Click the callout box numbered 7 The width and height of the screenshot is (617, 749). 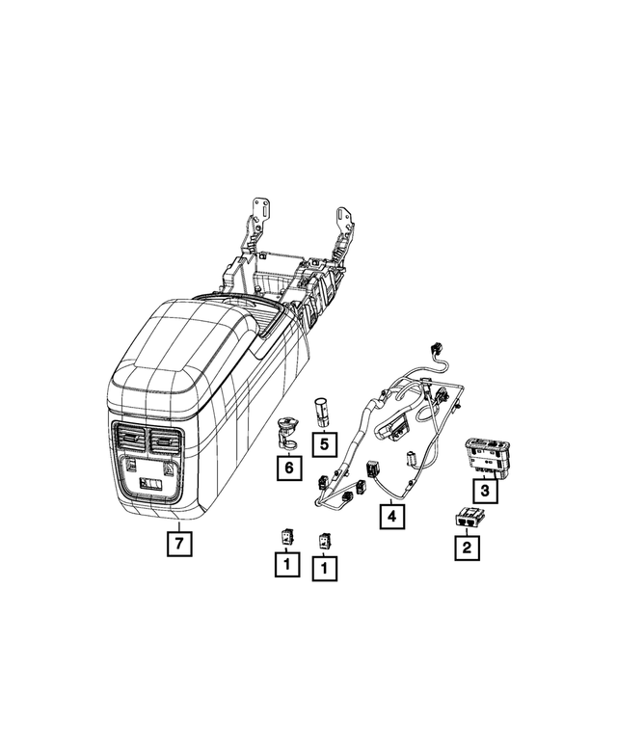(178, 544)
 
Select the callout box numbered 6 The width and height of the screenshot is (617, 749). (287, 469)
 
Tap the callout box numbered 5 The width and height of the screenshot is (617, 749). (324, 444)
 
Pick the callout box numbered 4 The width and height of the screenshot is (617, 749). (390, 518)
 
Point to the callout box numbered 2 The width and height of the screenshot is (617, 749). (467, 548)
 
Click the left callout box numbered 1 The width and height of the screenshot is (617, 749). (286, 566)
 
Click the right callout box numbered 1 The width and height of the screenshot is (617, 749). (324, 568)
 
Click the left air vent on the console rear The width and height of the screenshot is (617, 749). (128, 441)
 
